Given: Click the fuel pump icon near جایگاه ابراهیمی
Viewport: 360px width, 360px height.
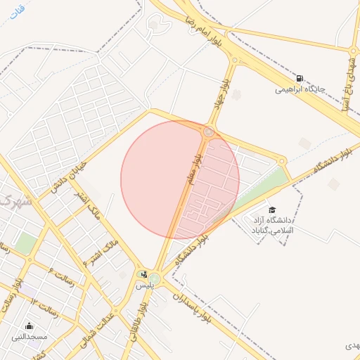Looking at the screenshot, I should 300,78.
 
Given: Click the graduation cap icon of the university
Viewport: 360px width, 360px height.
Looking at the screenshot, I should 272,210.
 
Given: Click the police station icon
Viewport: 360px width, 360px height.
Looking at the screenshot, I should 144,274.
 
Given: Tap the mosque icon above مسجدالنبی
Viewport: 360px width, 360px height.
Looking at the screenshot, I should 29,326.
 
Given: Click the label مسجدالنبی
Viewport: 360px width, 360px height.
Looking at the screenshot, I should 29,337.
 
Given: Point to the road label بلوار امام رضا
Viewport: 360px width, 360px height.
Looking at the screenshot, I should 196,27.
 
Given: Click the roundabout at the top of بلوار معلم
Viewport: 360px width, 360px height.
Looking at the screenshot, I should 209,131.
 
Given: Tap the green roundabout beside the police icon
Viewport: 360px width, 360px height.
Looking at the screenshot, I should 154,279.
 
